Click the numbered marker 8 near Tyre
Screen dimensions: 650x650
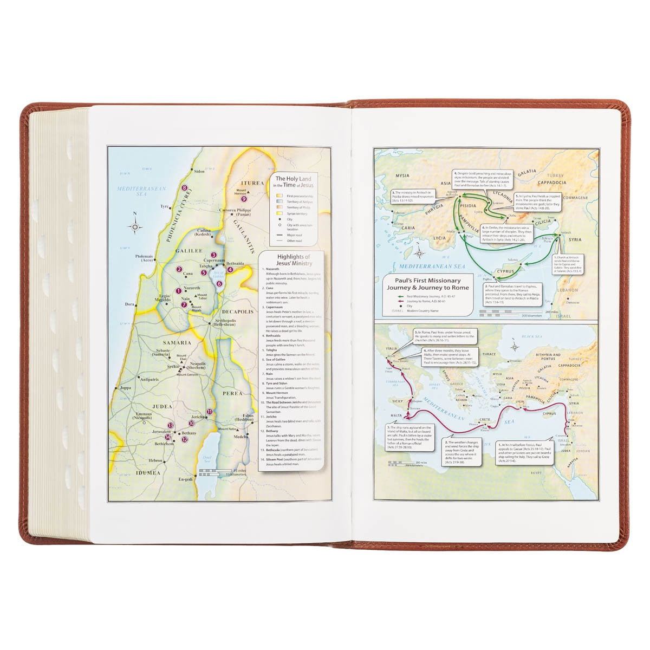(x=185, y=187)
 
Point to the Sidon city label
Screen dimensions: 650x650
(x=199, y=171)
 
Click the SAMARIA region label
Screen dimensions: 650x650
(x=175, y=342)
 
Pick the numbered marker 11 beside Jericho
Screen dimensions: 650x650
(x=210, y=412)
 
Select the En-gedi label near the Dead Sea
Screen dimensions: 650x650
(x=186, y=479)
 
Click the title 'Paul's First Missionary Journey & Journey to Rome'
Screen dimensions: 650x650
(x=420, y=284)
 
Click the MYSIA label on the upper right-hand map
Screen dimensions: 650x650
(x=402, y=175)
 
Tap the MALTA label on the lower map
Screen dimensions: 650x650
(x=398, y=414)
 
